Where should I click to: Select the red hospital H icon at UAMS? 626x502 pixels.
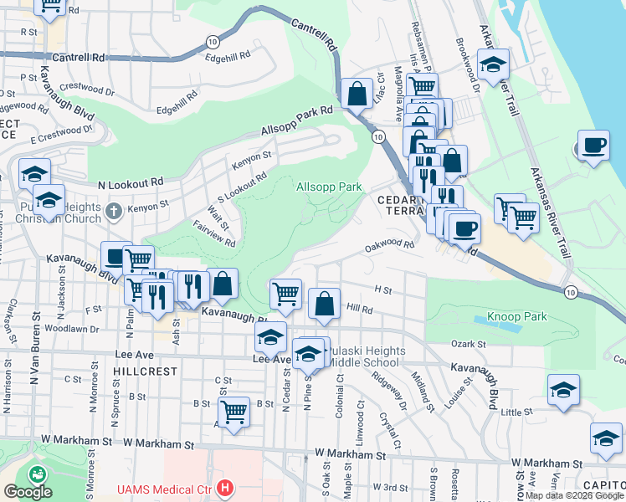click(x=223, y=487)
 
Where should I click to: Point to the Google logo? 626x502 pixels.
click(x=28, y=492)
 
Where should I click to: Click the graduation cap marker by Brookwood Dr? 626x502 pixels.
click(x=494, y=64)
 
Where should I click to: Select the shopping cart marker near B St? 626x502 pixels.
click(x=233, y=410)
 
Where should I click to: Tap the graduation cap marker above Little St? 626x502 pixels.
click(x=563, y=389)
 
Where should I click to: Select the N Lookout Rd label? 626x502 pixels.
click(x=130, y=183)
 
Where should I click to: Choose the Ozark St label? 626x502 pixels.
click(x=469, y=344)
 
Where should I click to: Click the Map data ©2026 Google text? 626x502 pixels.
click(x=574, y=495)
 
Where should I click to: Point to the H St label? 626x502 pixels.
click(x=383, y=289)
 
